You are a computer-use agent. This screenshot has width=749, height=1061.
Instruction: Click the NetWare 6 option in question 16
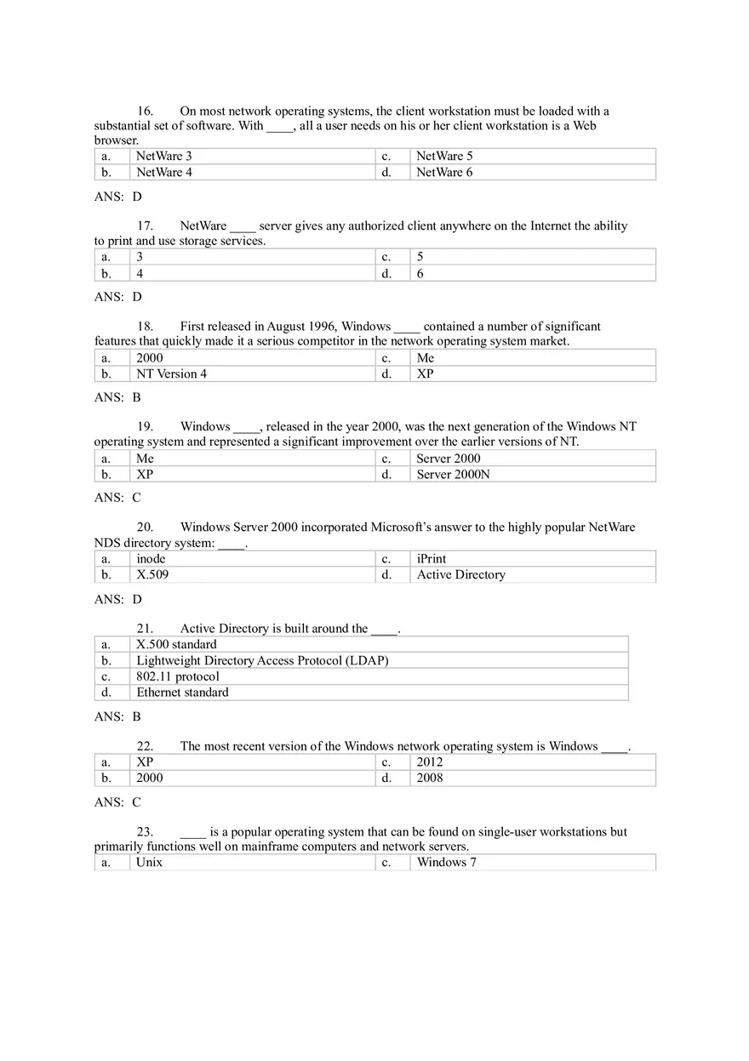pyautogui.click(x=444, y=173)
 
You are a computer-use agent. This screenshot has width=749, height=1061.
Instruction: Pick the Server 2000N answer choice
pyautogui.click(x=453, y=475)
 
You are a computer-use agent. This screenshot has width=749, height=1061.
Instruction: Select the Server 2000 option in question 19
pyautogui.click(x=449, y=459)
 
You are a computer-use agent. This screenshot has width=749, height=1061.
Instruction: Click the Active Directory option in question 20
pyautogui.click(x=460, y=575)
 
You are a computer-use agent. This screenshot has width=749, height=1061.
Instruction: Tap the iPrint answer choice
pyautogui.click(x=432, y=559)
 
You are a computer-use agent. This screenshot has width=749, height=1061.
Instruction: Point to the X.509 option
pyautogui.click(x=152, y=575)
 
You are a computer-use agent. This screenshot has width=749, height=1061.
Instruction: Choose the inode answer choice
pyautogui.click(x=151, y=559)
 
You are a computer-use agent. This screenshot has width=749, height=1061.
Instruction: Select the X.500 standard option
pyautogui.click(x=176, y=645)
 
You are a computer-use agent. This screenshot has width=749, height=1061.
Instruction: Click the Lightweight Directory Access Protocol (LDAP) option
pyautogui.click(x=262, y=661)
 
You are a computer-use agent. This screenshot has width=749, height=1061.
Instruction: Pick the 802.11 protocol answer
pyautogui.click(x=178, y=677)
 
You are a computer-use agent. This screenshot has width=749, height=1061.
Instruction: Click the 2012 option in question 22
pyautogui.click(x=430, y=762)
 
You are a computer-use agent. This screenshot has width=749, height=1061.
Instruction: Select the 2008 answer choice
pyautogui.click(x=430, y=778)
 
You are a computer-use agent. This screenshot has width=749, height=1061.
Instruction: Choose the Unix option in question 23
pyautogui.click(x=149, y=863)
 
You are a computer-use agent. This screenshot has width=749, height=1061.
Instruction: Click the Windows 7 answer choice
pyautogui.click(x=446, y=863)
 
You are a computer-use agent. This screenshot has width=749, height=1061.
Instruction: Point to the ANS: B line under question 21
pyautogui.click(x=117, y=717)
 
